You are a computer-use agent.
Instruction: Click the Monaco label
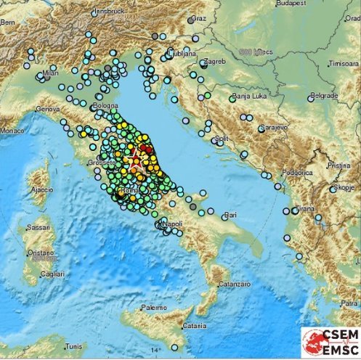12,131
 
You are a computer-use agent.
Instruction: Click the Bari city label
232,215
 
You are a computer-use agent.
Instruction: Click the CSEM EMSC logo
330,342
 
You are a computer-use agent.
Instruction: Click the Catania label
195,325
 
